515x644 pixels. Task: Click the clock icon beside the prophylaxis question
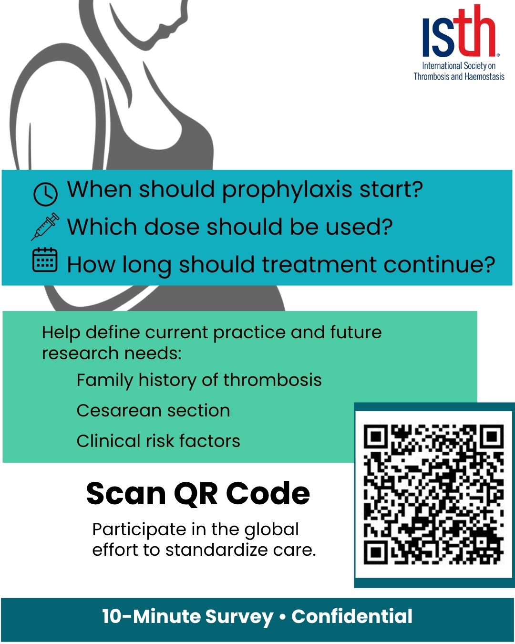point(45,194)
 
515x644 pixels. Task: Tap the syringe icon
point(45,226)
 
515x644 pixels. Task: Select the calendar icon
point(45,260)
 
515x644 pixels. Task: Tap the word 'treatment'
point(319,265)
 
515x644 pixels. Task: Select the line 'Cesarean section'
point(153,410)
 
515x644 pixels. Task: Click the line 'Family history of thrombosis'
point(199,380)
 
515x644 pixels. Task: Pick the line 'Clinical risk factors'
point(158,440)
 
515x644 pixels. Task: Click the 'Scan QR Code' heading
point(198,493)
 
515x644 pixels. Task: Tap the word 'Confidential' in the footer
point(351,616)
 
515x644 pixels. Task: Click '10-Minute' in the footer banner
point(151,616)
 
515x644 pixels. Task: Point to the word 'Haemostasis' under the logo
point(484,77)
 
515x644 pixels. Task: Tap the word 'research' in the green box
point(80,353)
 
